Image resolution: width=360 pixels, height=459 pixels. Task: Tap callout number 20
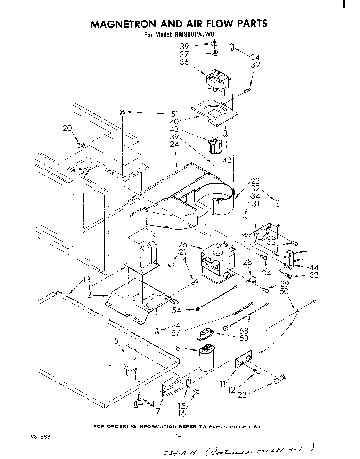tap(67, 128)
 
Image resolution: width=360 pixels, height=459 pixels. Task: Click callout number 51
tap(174, 114)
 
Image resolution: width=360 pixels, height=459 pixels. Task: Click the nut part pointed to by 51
tap(122, 112)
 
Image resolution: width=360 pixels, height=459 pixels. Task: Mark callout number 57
tap(176, 333)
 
